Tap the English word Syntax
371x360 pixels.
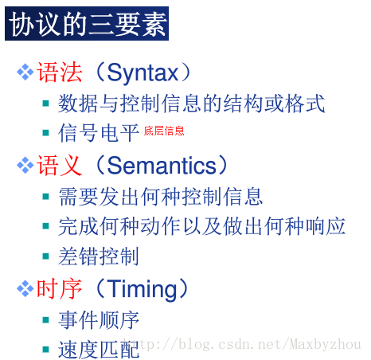tap(143, 72)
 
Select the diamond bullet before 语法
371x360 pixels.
tap(25, 72)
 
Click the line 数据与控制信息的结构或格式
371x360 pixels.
tap(191, 103)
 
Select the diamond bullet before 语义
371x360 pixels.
tap(25, 165)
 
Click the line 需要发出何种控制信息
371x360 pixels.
tap(160, 196)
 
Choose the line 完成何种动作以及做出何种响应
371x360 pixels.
tap(201, 225)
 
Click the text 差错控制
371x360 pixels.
tap(99, 256)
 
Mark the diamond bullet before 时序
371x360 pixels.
tap(25, 288)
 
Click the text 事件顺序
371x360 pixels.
tap(99, 319)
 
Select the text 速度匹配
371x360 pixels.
tap(99, 348)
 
